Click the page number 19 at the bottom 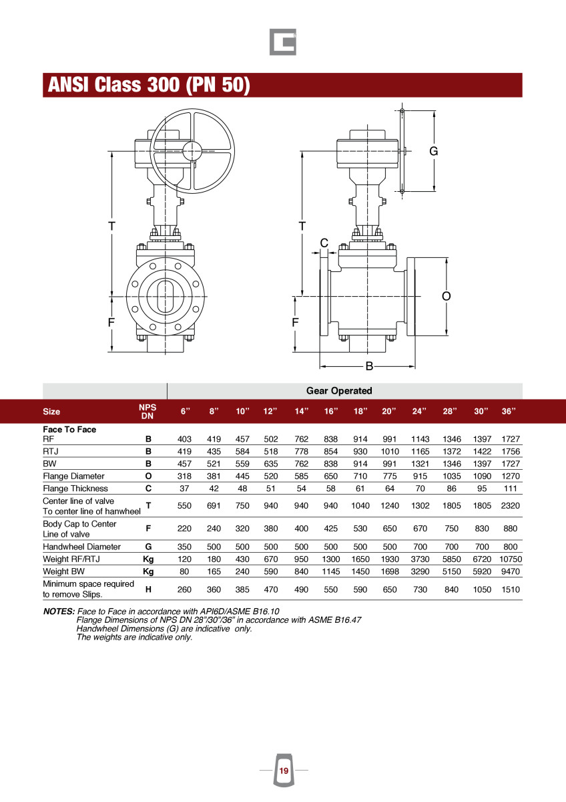click(x=284, y=771)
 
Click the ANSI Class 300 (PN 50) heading click(x=148, y=86)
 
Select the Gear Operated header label click(x=339, y=390)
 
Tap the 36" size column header click(x=509, y=411)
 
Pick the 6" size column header click(x=185, y=411)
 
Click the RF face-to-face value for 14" click(x=302, y=439)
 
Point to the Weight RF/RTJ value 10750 click(x=510, y=559)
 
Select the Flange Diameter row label click(x=73, y=476)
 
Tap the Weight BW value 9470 click(x=510, y=571)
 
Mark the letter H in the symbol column click(x=148, y=589)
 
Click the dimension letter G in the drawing click(x=433, y=152)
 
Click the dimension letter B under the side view click(x=368, y=366)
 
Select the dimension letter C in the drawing click(x=324, y=243)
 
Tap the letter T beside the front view click(x=112, y=226)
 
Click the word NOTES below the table click(x=58, y=612)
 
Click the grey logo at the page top click(x=283, y=42)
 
